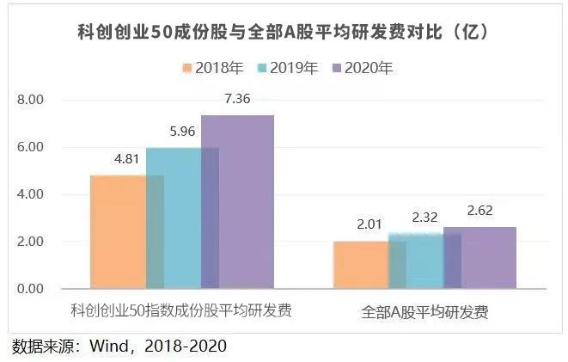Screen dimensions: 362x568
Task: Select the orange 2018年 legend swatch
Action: coord(186,68)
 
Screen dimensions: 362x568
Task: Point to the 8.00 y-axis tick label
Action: coord(31,100)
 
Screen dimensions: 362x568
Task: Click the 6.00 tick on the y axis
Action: coord(31,147)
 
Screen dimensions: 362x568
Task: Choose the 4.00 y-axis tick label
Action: coord(31,194)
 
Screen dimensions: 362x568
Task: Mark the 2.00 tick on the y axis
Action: coord(31,242)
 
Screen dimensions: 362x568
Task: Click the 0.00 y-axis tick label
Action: coord(31,289)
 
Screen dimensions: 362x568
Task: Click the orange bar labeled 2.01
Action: coord(361,265)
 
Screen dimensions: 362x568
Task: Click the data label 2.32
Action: coord(424,218)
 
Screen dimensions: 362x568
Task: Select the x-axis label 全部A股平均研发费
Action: coord(425,312)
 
